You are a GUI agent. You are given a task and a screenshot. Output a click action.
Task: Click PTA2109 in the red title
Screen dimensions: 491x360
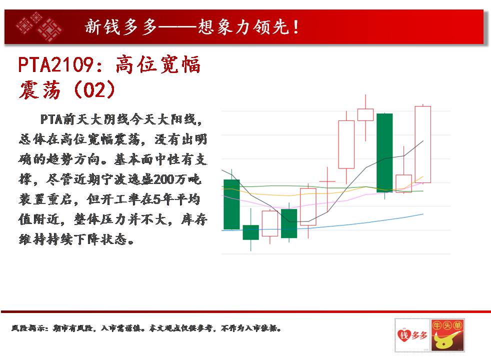(55, 65)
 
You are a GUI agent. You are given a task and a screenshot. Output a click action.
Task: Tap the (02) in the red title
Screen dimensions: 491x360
(94, 89)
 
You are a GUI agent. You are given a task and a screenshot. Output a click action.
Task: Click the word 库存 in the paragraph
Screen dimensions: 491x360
(194, 219)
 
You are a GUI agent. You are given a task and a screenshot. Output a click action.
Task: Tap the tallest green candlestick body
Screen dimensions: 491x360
(384, 153)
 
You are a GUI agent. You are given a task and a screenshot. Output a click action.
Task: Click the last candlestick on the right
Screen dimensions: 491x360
(422, 144)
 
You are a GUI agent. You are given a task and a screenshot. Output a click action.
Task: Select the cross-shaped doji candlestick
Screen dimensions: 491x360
(327, 181)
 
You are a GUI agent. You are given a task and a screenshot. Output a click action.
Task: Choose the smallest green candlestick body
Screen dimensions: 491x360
(251, 232)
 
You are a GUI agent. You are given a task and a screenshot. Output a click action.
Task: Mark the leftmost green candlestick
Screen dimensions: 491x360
(231, 204)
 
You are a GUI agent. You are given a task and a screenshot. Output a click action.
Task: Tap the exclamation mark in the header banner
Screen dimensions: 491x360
(295, 27)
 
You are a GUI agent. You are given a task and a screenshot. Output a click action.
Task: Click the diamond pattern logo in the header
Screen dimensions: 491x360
(39, 26)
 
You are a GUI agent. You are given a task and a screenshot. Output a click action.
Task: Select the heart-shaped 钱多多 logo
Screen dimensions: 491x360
(412, 335)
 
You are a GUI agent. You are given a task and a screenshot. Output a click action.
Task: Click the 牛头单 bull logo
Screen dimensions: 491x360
(447, 335)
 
